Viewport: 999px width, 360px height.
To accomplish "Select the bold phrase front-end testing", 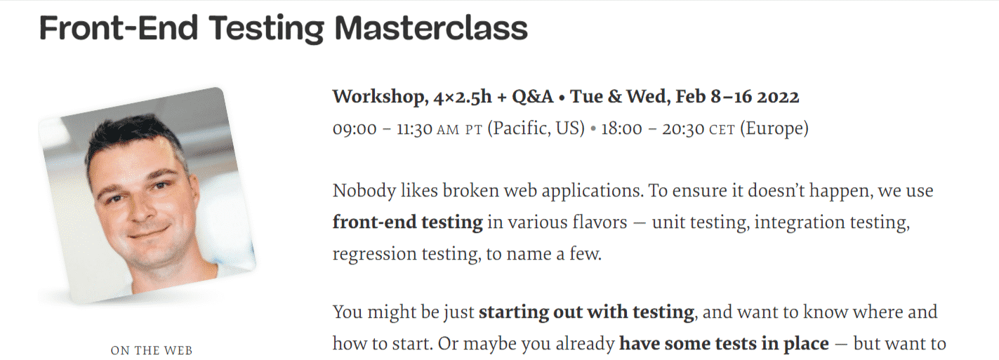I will click(x=407, y=223).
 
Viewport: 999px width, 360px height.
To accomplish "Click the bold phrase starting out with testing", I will click(x=586, y=312).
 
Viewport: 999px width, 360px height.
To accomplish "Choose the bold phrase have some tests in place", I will click(x=723, y=345).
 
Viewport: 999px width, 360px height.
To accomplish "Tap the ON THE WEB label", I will click(x=151, y=350).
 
